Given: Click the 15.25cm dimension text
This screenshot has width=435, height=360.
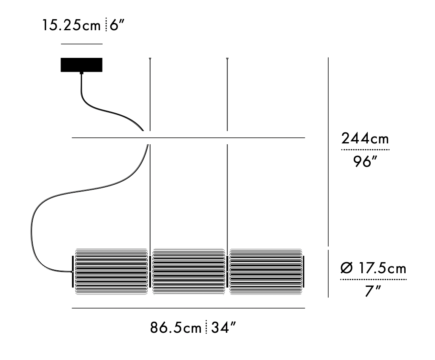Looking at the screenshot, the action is click(x=72, y=25).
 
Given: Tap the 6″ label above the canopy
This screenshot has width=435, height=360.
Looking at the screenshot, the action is click(x=117, y=25).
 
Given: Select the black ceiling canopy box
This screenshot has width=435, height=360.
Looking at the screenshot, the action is click(x=82, y=65).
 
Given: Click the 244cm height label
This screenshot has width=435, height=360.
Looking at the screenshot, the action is click(x=365, y=138).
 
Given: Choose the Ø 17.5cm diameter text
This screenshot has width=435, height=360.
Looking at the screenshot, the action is click(x=373, y=268).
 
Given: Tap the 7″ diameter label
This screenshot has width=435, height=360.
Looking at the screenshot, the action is click(x=372, y=291).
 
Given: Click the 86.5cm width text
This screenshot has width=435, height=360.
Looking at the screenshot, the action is click(x=176, y=328).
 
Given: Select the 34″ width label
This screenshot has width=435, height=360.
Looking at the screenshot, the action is click(x=223, y=328).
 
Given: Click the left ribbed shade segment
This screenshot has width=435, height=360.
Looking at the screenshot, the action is click(x=111, y=271).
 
